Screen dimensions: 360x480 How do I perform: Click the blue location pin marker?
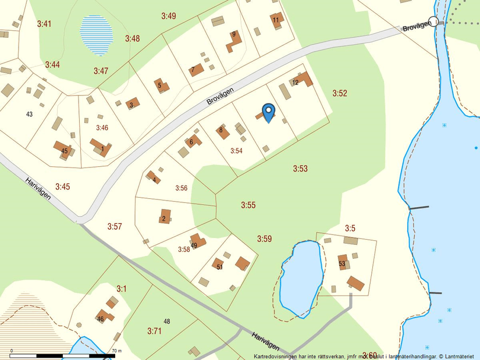268,111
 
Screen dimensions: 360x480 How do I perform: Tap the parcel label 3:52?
340,93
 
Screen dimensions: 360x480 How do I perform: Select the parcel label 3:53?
300,169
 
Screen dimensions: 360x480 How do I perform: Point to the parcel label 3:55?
248,205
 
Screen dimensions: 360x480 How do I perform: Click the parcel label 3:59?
265,238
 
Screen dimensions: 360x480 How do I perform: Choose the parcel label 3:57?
115,226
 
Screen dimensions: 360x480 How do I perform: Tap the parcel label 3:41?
44,24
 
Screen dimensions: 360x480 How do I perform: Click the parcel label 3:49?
168,16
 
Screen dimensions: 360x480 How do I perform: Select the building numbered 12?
301,80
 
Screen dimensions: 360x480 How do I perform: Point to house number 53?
342,263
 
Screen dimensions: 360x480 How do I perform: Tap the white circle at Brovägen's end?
433,22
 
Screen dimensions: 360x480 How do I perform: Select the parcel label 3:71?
154,331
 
